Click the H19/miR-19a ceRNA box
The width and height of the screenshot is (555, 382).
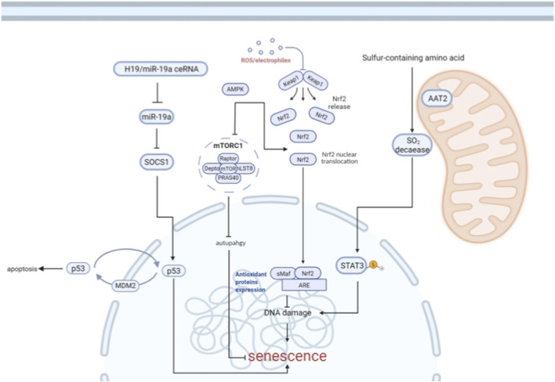161,69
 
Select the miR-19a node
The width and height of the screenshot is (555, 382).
157,117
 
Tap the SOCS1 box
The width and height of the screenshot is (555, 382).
157,162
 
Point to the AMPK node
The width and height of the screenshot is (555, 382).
235,89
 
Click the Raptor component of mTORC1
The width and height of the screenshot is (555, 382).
228,158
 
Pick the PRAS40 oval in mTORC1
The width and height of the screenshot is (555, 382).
228,178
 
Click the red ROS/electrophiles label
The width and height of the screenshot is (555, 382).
266,60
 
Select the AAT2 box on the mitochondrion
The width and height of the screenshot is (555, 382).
437,98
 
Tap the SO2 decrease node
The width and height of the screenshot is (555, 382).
412,146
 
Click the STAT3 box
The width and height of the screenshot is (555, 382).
352,265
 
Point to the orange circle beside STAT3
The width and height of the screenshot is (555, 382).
373,265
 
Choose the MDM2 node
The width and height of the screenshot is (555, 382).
125,286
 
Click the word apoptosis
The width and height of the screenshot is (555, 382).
22,269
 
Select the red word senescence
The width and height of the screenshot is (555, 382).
288,356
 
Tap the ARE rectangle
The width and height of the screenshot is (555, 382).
304,285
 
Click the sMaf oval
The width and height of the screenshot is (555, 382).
283,273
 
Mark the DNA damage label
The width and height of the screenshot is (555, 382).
288,313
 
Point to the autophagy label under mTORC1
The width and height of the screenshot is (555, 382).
230,243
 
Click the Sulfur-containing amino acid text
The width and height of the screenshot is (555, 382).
413,58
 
